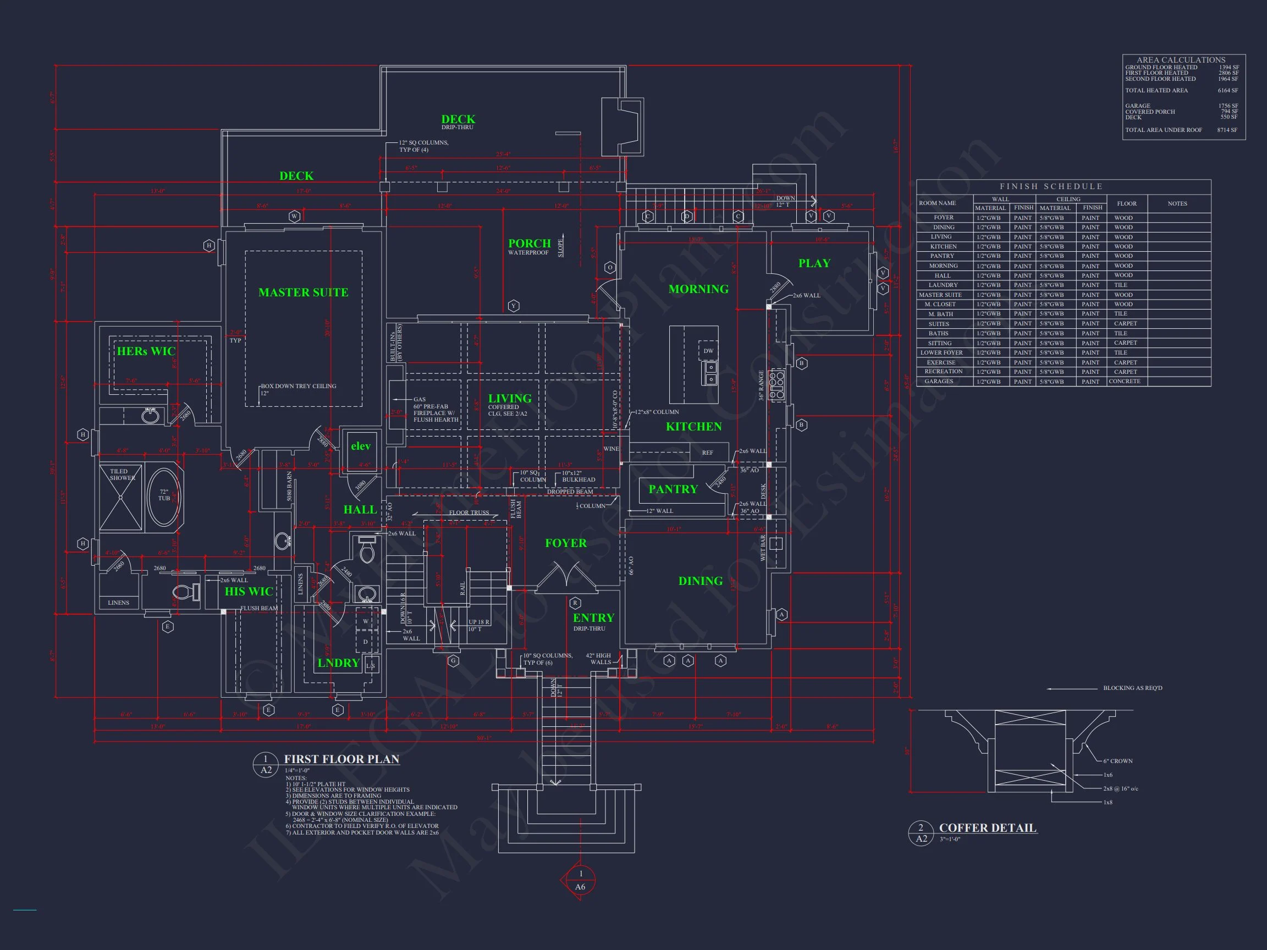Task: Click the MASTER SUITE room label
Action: [303, 292]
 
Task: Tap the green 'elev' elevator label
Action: [360, 446]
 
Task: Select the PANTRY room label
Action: [673, 489]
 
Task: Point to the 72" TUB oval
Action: [164, 496]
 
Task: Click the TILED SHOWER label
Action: [122, 474]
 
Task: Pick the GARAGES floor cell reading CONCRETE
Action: [1125, 382]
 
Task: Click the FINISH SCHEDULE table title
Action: [1050, 187]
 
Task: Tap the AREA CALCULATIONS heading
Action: [1181, 59]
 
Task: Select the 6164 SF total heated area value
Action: [1227, 91]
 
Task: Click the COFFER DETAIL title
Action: [988, 828]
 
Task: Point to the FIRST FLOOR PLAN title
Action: [341, 759]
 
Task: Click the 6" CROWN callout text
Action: [1117, 761]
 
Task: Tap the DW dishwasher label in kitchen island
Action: [708, 351]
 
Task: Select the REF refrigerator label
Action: [707, 453]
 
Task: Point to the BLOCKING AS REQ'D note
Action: [1132, 688]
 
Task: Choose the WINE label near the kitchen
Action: [610, 449]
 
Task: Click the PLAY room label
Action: [814, 263]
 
